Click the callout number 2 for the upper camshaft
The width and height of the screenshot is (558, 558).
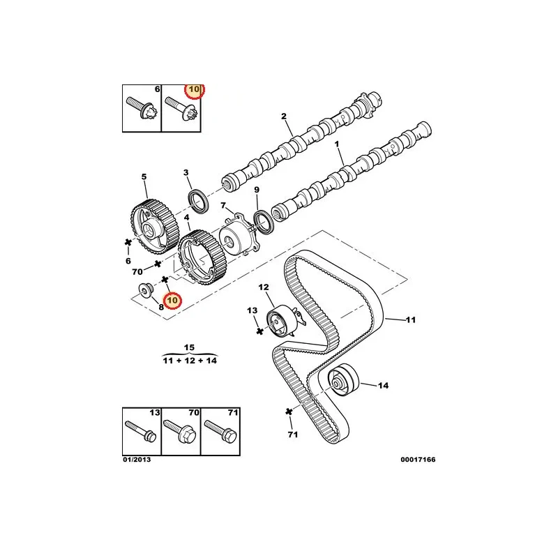coord(284,116)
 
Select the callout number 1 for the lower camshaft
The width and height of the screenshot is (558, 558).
coord(337,144)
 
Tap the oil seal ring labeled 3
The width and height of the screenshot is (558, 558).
coord(197,202)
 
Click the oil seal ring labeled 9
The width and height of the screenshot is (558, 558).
coord(264,223)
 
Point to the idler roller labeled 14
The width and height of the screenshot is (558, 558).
coord(342,379)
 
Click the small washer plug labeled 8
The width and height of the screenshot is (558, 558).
coord(145,291)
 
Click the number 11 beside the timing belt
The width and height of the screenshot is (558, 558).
coord(411,319)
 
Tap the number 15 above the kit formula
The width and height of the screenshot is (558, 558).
coord(189,347)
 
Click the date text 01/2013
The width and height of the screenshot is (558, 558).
coord(137,460)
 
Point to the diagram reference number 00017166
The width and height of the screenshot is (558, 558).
coord(418,460)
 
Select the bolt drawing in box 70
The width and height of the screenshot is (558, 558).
coord(180,430)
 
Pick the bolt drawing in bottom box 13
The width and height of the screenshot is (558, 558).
coord(141,430)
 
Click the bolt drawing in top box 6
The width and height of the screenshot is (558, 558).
coord(142,108)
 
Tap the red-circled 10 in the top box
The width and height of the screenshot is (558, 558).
coord(195,89)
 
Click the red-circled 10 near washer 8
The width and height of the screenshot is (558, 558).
coord(172,301)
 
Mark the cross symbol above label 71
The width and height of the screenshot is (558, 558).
coord(289,412)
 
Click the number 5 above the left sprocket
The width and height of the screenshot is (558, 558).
coord(144,176)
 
